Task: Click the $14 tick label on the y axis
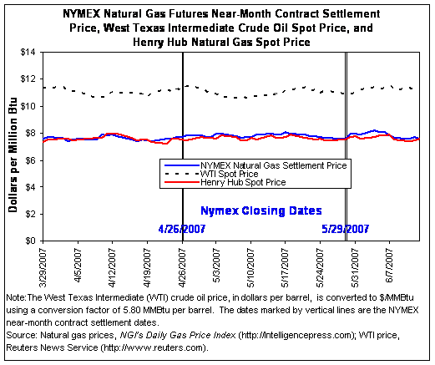tap(28, 52)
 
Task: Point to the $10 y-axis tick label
tap(28, 106)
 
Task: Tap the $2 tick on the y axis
tap(30, 214)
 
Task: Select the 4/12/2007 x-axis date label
tap(112, 268)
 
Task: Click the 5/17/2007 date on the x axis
tap(286, 268)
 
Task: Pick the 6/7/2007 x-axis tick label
tap(389, 266)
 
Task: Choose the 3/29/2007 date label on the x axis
tap(43, 268)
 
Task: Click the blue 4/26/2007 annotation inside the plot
tap(182, 229)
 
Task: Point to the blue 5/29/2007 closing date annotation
tap(346, 229)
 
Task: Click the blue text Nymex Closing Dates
tap(261, 210)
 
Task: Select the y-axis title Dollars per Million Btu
tap(13, 155)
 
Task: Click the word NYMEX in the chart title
tap(81, 13)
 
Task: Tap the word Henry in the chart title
tap(148, 43)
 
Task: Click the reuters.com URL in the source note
tap(154, 347)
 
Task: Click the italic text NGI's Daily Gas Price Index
tap(178, 335)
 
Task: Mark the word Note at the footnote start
tap(16, 297)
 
